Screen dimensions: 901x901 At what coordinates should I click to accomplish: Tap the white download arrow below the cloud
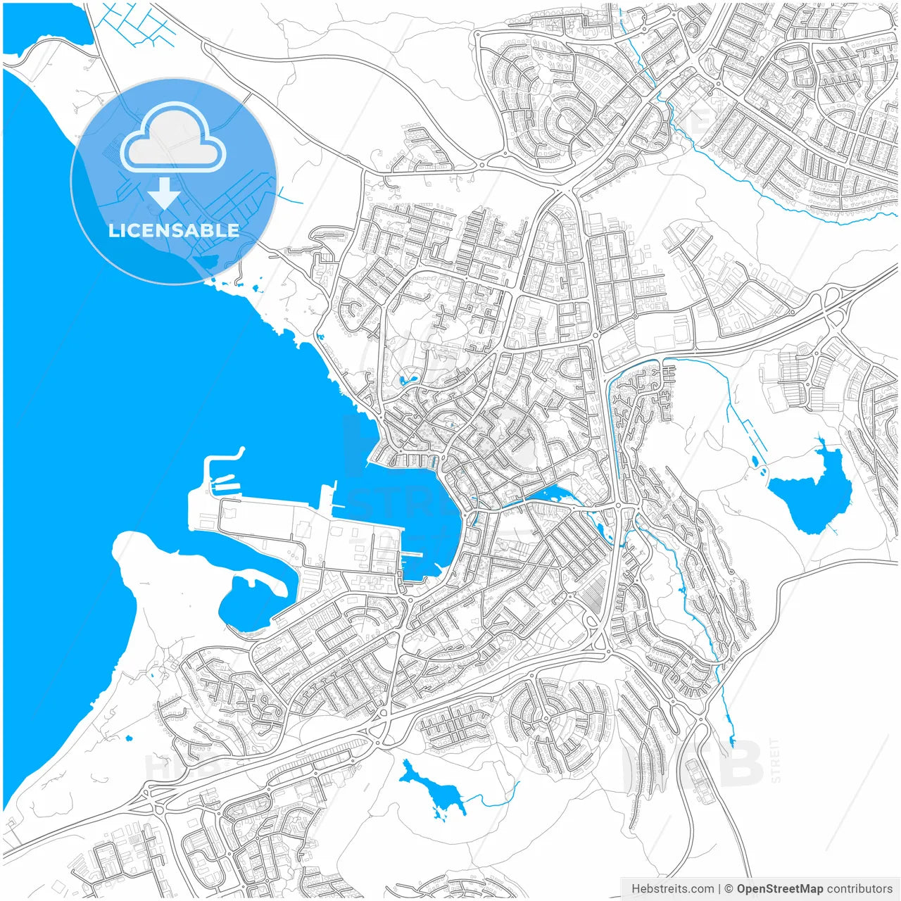point(164,194)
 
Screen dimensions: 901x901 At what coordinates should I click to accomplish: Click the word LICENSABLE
point(174,230)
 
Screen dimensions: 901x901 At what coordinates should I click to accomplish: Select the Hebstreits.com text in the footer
point(672,888)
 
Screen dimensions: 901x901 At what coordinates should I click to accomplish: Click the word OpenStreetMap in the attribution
point(779,888)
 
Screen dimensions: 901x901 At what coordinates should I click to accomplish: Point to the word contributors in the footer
point(859,888)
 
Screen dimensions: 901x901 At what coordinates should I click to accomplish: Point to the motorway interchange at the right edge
point(835,307)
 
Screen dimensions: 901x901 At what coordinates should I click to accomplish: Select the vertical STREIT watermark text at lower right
point(775,760)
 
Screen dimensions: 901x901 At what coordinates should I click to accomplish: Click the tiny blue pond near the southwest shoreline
point(129,738)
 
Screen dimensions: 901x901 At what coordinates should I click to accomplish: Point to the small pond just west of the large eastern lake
point(755,462)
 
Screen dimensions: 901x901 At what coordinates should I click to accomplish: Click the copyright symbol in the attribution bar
point(729,888)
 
